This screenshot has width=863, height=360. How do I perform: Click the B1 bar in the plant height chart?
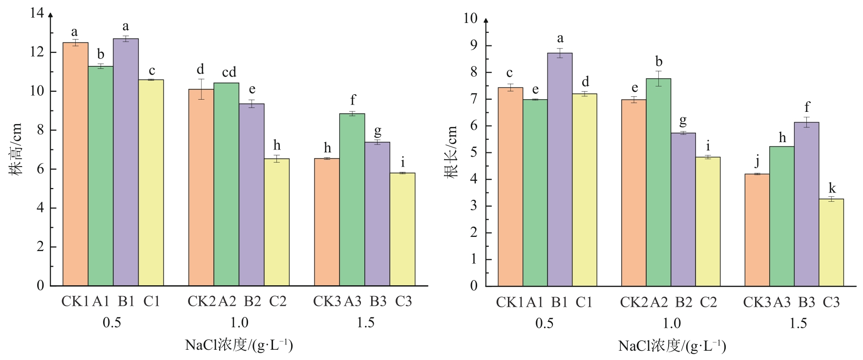[x=126, y=161]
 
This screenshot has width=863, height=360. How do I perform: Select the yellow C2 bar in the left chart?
[x=277, y=222]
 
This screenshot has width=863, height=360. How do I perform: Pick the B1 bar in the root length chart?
[x=560, y=169]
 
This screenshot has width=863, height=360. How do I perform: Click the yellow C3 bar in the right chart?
[x=831, y=242]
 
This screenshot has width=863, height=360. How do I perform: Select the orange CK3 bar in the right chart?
[x=757, y=230]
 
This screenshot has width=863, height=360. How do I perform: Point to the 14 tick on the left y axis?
[x=37, y=13]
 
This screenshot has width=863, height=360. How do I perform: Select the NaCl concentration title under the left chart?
[x=239, y=345]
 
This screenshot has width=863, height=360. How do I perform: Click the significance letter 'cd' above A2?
[x=229, y=73]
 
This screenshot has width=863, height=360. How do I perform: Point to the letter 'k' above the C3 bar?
[x=832, y=189]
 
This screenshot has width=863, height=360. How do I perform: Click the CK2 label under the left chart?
[x=201, y=301]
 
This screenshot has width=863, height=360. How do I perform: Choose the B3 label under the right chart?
[x=807, y=303]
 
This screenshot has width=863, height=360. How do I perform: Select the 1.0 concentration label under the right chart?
[x=672, y=323]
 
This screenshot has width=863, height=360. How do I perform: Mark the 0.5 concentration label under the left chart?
[x=112, y=323]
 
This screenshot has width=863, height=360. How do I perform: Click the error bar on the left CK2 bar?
[x=201, y=89]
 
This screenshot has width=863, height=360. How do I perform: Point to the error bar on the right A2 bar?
[x=658, y=79]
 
